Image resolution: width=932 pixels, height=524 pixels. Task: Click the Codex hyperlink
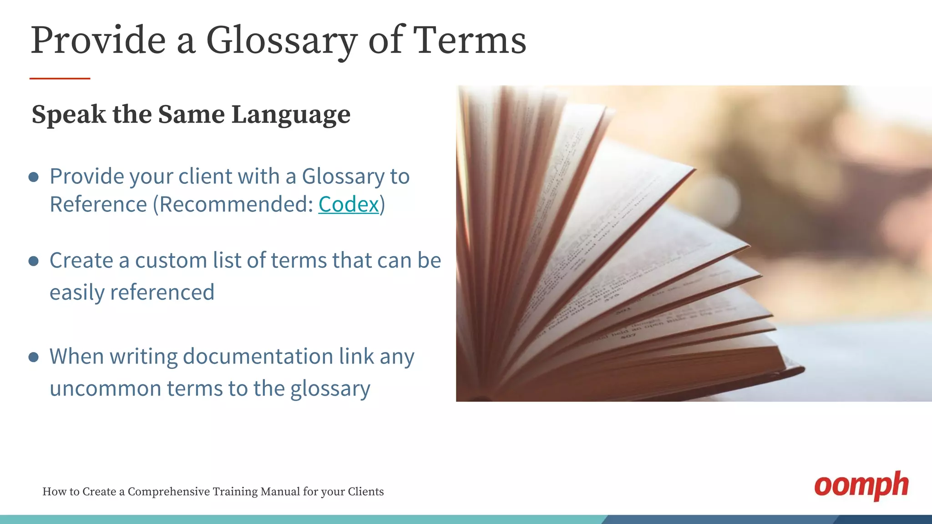coord(348,204)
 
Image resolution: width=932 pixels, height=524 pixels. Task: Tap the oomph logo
coord(861,485)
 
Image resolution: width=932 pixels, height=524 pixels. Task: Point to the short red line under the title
coord(60,79)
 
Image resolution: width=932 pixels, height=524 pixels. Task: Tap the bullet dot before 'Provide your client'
coord(34,177)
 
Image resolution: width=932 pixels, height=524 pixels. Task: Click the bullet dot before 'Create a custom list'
coord(34,261)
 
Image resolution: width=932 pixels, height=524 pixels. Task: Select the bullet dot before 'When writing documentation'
coord(34,357)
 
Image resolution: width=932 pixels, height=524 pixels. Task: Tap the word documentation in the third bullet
coord(258,356)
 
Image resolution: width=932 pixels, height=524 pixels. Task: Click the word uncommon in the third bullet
coord(105,388)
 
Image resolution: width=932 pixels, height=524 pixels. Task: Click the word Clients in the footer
coord(365,492)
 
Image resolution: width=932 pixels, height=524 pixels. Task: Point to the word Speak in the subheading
coord(69,115)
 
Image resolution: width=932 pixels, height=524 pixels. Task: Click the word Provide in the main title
coord(98,40)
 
